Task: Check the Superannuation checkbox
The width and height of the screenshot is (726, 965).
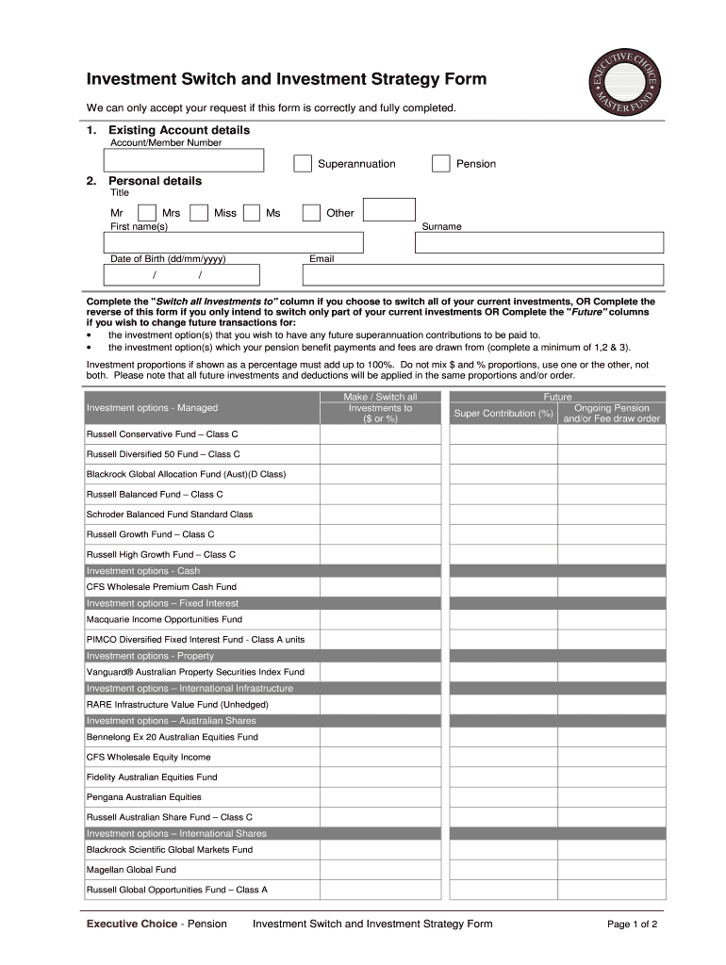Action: coord(302,164)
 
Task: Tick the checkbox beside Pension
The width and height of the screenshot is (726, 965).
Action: coord(440,164)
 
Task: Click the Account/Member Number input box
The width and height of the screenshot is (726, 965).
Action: coord(185,161)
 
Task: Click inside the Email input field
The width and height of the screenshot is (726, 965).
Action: coord(483,275)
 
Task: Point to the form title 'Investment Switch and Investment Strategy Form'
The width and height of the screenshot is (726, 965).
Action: coord(287,79)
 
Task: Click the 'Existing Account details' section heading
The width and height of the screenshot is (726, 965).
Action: coord(179,130)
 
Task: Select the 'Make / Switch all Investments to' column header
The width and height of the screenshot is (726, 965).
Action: coord(381,408)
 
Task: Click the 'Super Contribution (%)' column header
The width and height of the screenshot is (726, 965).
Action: coord(503,414)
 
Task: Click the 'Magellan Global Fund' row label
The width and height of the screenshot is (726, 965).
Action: coord(131,870)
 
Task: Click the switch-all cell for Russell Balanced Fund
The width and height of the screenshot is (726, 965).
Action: coord(381,495)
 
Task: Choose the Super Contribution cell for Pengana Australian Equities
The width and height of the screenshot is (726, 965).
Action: coord(503,797)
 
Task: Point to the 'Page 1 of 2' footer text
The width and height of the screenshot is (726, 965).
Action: coord(632,924)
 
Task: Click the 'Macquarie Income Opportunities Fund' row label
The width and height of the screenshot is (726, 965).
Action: coord(164,620)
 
